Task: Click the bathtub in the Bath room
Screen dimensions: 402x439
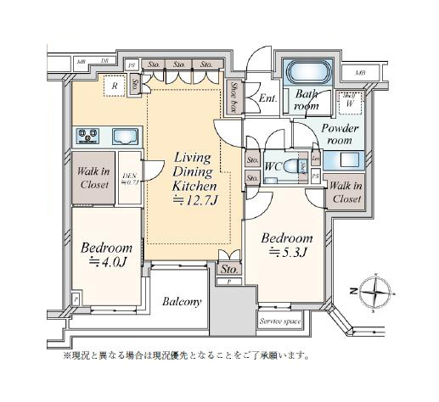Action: [x=304, y=71]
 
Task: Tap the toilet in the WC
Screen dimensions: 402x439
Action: [x=302, y=166]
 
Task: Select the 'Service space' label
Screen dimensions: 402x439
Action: [x=280, y=323]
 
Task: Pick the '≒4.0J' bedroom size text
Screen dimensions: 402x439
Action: [x=105, y=263]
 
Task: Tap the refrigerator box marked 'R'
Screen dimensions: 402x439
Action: [x=112, y=87]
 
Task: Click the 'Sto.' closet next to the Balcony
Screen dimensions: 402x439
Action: [x=228, y=271]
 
